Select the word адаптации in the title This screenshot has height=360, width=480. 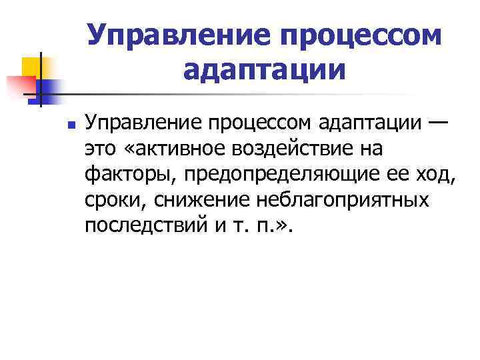point(263,69)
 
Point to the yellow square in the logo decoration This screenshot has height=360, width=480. point(34,67)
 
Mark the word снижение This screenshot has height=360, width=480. point(189,200)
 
